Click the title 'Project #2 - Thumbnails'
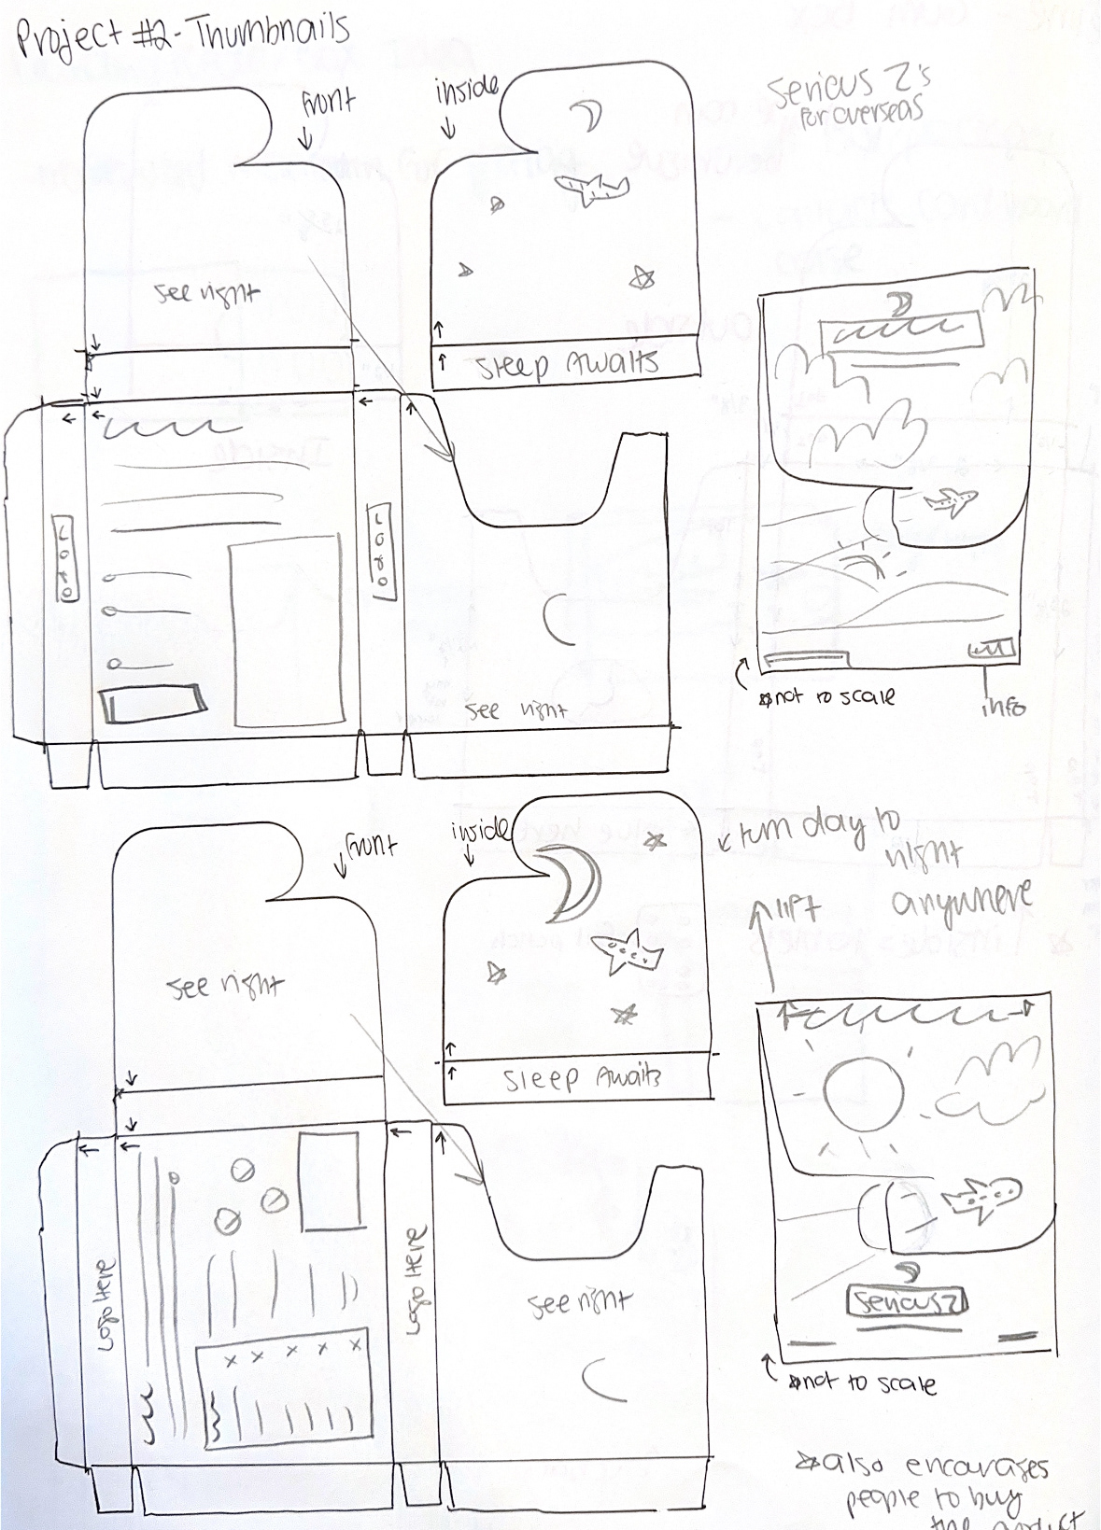pos(183,35)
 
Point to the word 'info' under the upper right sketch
pos(1002,707)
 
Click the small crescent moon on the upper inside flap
pos(587,116)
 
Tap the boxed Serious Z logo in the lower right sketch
pos(906,1301)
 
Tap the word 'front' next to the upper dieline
pos(328,102)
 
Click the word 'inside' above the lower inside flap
pos(480,830)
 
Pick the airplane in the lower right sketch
pos(981,1198)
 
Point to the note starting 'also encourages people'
pos(934,1489)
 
